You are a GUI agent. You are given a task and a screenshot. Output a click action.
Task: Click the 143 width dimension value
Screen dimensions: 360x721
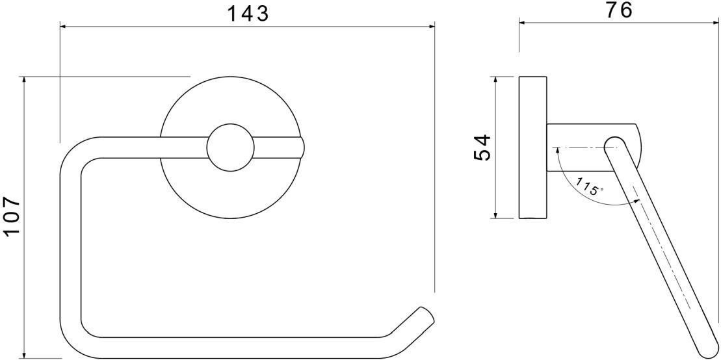247,13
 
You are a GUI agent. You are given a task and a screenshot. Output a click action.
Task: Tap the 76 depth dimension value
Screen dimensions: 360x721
617,10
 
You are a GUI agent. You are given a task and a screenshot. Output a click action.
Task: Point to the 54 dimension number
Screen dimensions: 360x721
482,148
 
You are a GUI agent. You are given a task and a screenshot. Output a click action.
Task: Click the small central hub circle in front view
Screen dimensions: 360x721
229,148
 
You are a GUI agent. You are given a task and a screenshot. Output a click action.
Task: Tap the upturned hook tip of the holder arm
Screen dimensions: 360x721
425,314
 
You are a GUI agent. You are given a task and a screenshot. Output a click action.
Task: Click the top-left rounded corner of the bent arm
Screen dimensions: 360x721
75,152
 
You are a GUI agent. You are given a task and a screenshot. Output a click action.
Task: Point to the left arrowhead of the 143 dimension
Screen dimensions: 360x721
63,27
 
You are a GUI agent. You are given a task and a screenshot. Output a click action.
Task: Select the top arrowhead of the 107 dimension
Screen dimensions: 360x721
24,79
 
